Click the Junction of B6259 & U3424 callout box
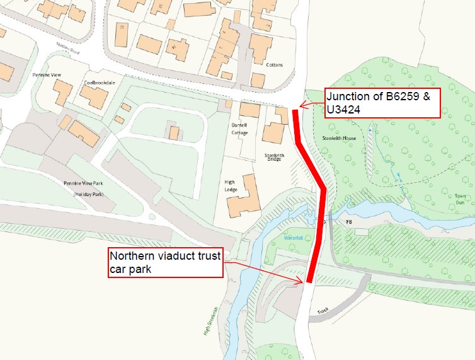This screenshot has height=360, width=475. (x=381, y=102)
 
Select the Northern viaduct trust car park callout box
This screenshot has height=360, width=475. (x=166, y=262)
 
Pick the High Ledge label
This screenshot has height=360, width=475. (x=230, y=185)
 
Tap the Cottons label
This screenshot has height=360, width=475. (x=274, y=65)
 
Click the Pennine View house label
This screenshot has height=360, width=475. (x=45, y=74)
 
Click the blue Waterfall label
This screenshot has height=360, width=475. (x=294, y=239)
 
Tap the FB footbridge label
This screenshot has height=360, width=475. (x=346, y=223)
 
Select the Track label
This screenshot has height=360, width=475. (x=324, y=311)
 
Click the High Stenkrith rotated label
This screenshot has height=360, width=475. (x=210, y=321)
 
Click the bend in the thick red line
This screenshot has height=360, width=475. (x=324, y=188)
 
